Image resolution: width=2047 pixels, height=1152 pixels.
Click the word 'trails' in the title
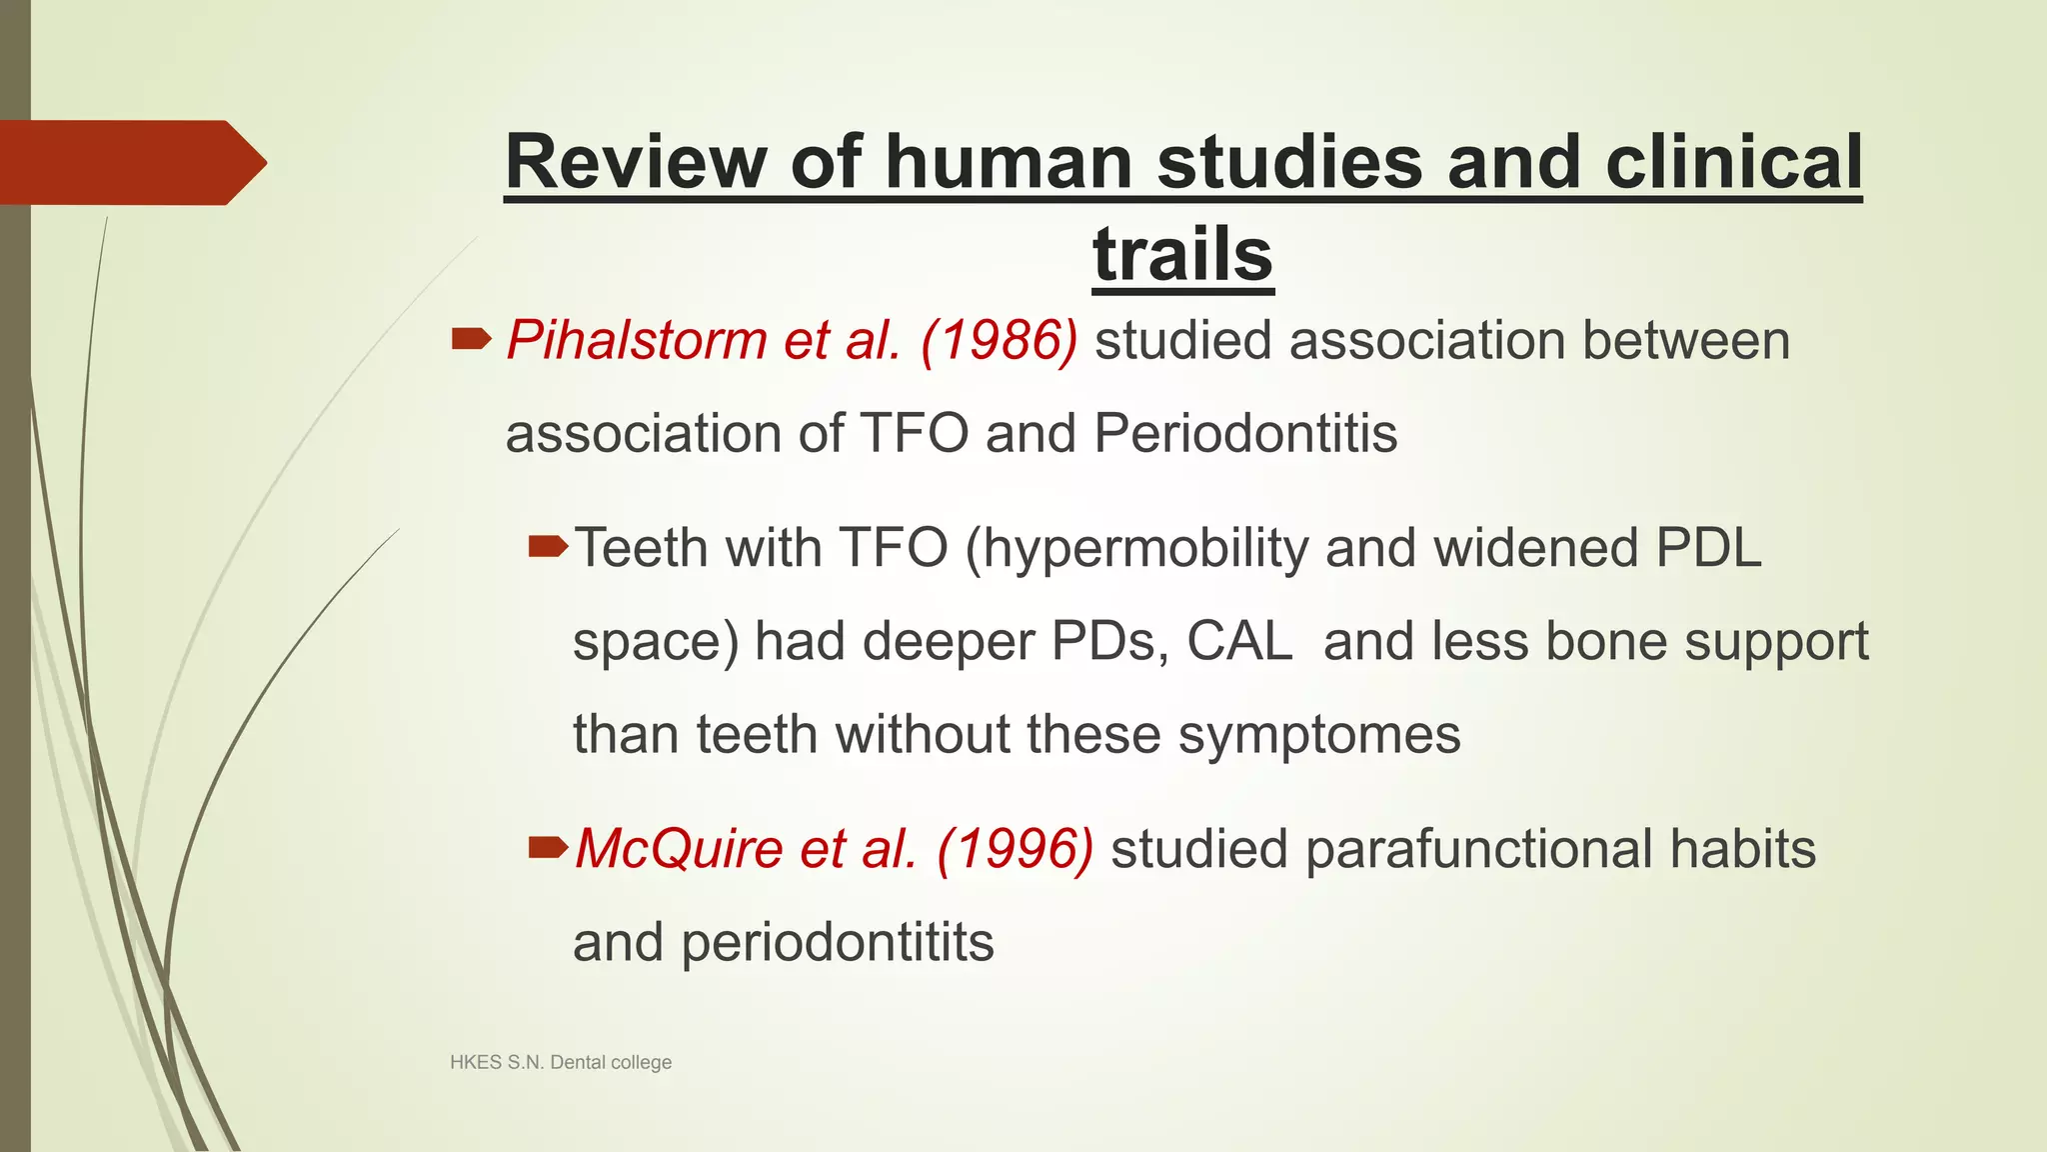pyautogui.click(x=1182, y=254)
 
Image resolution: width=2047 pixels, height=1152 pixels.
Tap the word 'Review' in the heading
pyautogui.click(x=636, y=162)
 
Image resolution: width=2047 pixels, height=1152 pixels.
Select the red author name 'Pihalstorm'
pyautogui.click(x=636, y=340)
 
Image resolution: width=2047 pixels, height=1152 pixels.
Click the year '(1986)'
pyautogui.click(x=999, y=340)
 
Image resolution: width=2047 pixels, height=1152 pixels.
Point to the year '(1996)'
pyautogui.click(x=1015, y=849)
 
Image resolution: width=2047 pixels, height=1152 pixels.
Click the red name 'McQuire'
pyautogui.click(x=679, y=849)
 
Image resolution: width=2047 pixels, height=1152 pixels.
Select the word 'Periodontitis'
pyautogui.click(x=1245, y=434)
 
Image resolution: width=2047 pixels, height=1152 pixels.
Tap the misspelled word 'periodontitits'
pyautogui.click(x=837, y=943)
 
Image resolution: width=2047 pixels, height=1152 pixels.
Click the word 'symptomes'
pyautogui.click(x=1319, y=735)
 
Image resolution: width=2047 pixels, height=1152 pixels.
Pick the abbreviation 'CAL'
pyautogui.click(x=1239, y=641)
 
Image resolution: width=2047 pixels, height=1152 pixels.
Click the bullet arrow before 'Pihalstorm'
pyautogui.click(x=471, y=340)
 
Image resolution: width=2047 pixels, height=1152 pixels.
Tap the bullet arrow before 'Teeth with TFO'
pyautogui.click(x=548, y=546)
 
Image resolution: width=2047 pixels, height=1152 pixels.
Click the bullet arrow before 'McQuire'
pyautogui.click(x=548, y=849)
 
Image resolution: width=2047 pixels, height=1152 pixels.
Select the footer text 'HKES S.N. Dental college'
pyautogui.click(x=561, y=1062)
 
